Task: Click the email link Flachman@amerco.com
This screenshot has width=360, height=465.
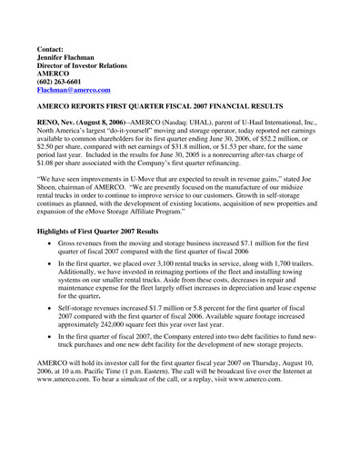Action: [73, 91]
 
